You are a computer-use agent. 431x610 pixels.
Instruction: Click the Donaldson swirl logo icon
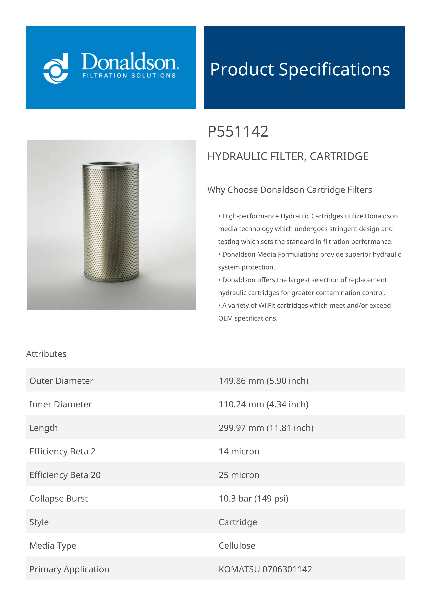coord(56,68)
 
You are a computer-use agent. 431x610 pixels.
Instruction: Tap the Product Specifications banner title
coord(300,70)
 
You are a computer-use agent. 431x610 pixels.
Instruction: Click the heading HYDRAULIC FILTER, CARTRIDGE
coord(288,156)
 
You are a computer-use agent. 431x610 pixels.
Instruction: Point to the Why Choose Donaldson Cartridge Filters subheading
coord(290,190)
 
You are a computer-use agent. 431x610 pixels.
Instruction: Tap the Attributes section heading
coord(46,354)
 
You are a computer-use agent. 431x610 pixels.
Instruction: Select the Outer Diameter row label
coord(61,381)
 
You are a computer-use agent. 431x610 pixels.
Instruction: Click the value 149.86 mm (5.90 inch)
coord(263,381)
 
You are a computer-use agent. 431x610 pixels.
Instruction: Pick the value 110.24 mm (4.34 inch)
coord(263,404)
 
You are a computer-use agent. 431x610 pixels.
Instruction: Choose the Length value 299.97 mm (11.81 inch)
coord(266,428)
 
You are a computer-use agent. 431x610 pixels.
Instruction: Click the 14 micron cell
coord(239,451)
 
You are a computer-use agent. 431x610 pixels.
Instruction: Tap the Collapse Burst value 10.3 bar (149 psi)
coord(253,498)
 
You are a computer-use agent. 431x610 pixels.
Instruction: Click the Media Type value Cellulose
coord(237,546)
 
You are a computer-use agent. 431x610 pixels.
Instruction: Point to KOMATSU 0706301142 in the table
coord(265,569)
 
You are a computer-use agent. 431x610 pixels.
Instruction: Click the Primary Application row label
coord(69,569)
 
